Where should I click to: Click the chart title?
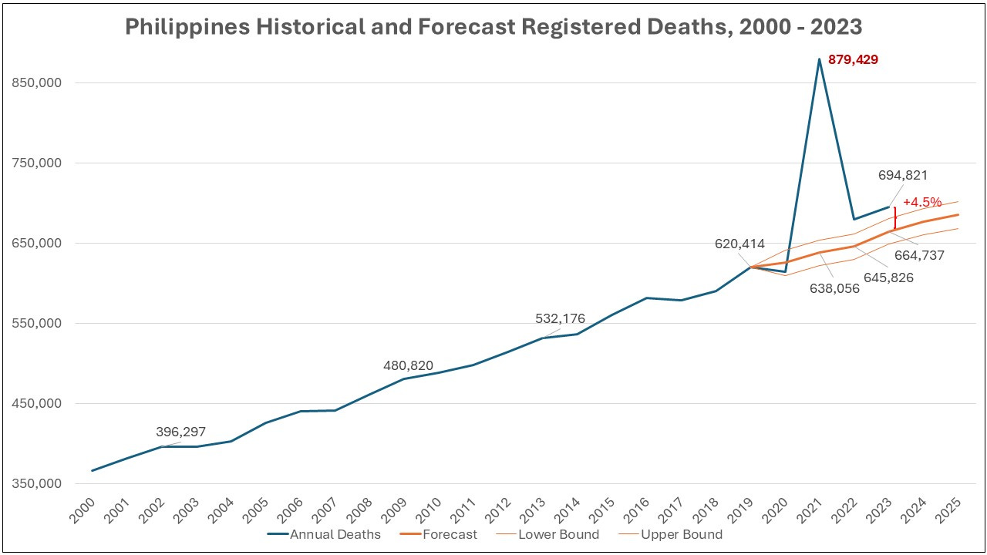(493, 27)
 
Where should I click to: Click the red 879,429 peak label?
(853, 59)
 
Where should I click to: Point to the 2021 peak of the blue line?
(819, 59)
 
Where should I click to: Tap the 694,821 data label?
(902, 175)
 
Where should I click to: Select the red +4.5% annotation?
(922, 202)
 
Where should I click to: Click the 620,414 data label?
(739, 244)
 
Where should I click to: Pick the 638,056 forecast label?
(834, 288)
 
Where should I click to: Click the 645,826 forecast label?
(889, 277)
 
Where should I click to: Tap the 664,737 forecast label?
(919, 255)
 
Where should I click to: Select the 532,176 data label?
(560, 318)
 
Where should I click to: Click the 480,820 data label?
(408, 365)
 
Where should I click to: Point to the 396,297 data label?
(181, 432)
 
